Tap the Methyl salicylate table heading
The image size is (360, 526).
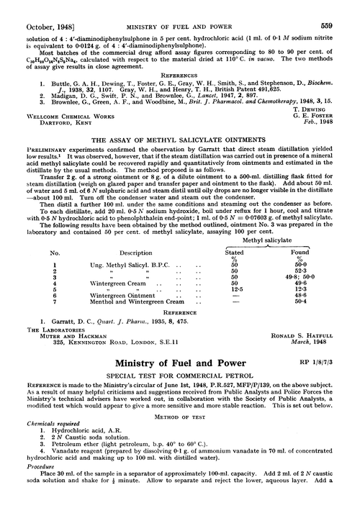[x=288, y=244]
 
